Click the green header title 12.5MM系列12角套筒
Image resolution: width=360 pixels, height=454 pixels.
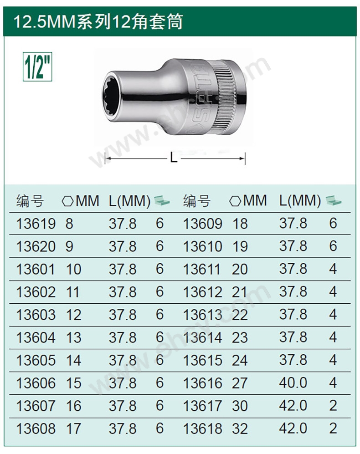(x=98, y=21)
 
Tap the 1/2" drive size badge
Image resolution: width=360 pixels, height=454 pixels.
(x=37, y=66)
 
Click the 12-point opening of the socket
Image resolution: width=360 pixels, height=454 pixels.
(x=113, y=95)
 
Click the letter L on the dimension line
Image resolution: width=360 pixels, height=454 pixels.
(x=173, y=158)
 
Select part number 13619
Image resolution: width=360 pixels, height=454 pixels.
(x=36, y=224)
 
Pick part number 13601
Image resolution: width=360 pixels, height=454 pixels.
(x=36, y=269)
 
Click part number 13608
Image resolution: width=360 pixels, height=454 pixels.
(x=36, y=429)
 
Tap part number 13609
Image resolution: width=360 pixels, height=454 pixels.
(x=203, y=224)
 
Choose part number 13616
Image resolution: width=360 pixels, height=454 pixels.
(x=203, y=383)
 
